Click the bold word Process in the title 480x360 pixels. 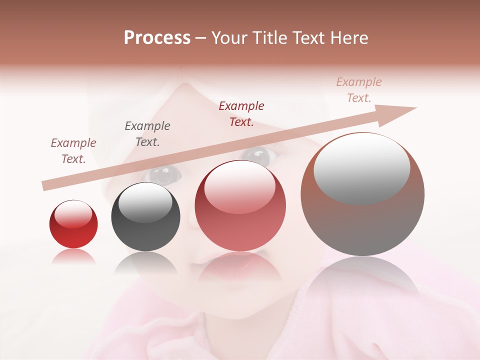[x=157, y=38]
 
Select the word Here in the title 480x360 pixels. [x=349, y=38]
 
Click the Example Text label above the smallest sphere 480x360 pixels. [x=73, y=151]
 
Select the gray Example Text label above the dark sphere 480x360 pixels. [x=147, y=134]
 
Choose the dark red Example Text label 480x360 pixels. [x=241, y=114]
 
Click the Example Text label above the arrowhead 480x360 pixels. [x=359, y=90]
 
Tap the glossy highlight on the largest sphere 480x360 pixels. [x=361, y=167]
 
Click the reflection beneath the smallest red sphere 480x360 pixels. [x=73, y=256]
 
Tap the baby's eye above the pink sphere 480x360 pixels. [x=258, y=156]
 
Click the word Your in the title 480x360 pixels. [x=228, y=38]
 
